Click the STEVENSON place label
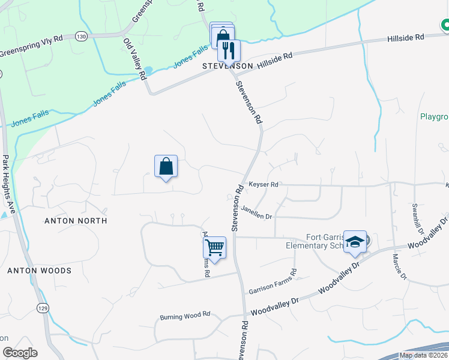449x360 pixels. click(227, 65)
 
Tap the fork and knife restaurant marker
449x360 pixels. click(228, 50)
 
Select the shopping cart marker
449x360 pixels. click(215, 247)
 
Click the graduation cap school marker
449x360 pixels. click(355, 242)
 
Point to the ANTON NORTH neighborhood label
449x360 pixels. click(76, 221)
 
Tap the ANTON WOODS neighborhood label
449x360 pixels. click(39, 271)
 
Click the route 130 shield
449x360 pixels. click(82, 36)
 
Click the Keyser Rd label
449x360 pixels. click(264, 185)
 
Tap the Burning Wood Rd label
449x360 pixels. click(185, 314)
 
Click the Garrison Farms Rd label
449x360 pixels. click(273, 281)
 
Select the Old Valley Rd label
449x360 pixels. click(135, 59)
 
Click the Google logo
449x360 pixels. click(20, 353)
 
